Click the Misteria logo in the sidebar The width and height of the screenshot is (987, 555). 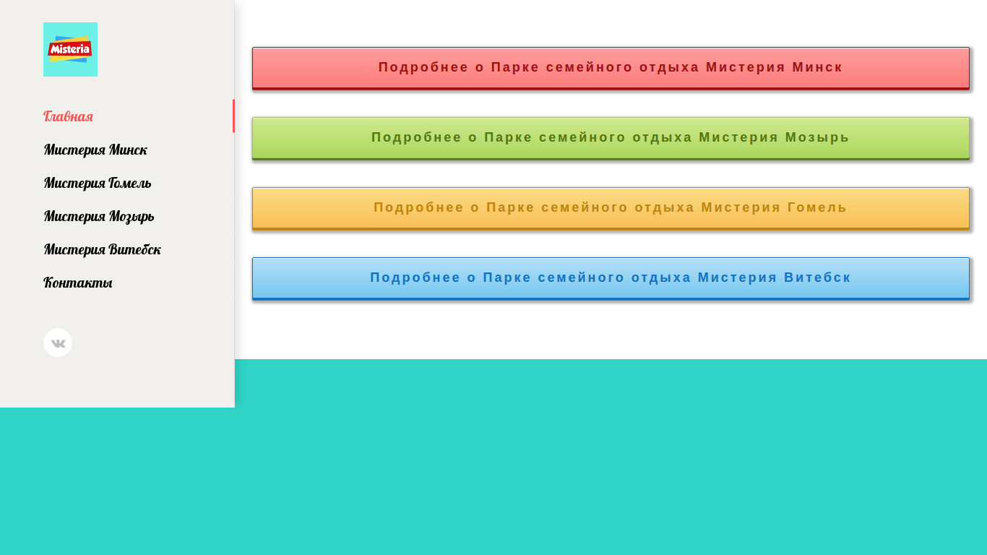[70, 49]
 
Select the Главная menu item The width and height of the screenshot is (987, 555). [69, 116]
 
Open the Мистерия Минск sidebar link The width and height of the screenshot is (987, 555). [95, 150]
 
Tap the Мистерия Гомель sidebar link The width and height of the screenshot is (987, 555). [98, 183]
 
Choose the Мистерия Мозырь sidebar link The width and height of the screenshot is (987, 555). [99, 217]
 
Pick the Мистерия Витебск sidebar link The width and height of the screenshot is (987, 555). [102, 249]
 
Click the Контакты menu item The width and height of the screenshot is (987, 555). [78, 283]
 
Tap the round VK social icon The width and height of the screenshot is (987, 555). [58, 343]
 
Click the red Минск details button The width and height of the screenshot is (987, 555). [611, 68]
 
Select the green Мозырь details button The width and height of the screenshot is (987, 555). [611, 138]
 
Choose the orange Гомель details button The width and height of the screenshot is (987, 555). [611, 208]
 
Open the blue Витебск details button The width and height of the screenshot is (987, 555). [611, 278]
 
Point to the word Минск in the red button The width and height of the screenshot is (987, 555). [817, 67]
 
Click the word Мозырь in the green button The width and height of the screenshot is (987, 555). [817, 137]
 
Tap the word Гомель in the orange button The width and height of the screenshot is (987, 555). [817, 207]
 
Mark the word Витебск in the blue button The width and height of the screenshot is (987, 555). [817, 277]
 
